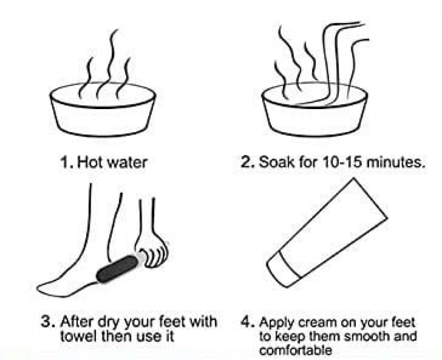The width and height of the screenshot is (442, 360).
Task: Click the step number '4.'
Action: click(x=248, y=322)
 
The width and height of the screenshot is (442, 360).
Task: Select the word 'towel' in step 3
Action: click(x=77, y=336)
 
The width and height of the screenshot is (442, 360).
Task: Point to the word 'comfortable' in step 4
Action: click(x=295, y=350)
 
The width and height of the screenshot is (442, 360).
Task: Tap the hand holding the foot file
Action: click(x=151, y=248)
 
